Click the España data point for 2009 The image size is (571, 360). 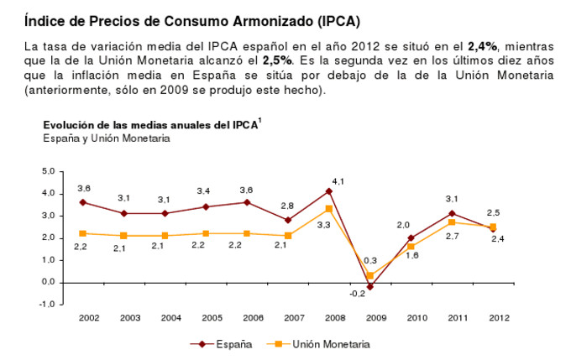pos(369,287)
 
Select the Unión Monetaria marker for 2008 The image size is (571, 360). pos(329,209)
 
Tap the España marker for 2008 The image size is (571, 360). pos(329,190)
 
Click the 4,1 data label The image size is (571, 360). pos(338,180)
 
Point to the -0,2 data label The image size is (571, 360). pos(358,293)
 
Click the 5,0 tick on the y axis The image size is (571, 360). pos(49,171)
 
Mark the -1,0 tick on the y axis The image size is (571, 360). pos(47,304)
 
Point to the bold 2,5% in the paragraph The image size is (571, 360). pos(277,61)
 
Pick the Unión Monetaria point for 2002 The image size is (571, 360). pos(82,233)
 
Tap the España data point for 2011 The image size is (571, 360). pos(452,213)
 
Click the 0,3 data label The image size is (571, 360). pos(370,261)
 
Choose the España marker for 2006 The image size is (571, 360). pos(247,202)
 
